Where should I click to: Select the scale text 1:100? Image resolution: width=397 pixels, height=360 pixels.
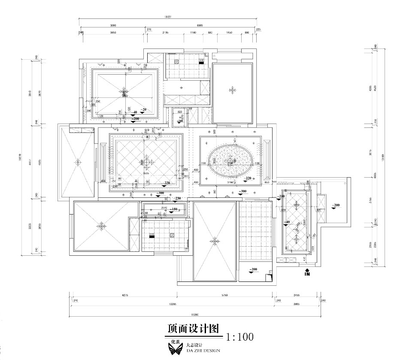click(239, 337)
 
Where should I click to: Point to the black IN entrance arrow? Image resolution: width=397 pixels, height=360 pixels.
click(307, 272)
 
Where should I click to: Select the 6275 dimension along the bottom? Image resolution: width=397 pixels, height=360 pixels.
click(125, 295)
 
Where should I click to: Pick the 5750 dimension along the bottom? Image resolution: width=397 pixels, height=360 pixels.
click(224, 295)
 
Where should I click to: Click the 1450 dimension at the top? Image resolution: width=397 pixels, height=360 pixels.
click(229, 32)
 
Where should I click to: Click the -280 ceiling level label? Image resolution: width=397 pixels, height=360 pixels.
click(281, 196)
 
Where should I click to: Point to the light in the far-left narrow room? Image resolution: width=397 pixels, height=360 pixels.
click(78, 163)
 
